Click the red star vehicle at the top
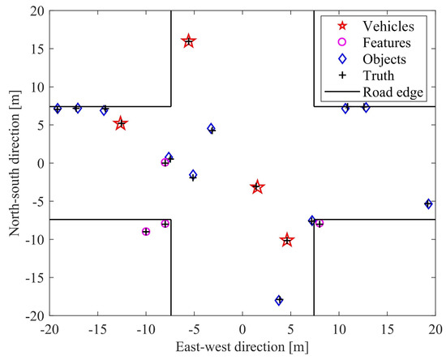[x=188, y=41]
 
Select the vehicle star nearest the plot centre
[x=257, y=187]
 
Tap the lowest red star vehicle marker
[x=286, y=241]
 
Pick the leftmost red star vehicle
[x=121, y=124]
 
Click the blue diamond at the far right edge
[x=429, y=204]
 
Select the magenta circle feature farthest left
[x=146, y=232]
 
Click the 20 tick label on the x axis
[x=435, y=331]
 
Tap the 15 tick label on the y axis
[x=34, y=49]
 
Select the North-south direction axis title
[x=15, y=163]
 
